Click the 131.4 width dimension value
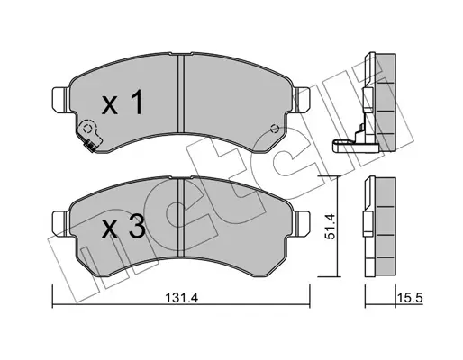182,298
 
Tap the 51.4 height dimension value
330,226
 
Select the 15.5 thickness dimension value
410,298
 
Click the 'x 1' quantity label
122,103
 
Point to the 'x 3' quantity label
123,228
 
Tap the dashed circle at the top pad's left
87,129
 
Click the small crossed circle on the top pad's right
274,129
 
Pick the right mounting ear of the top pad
300,100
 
